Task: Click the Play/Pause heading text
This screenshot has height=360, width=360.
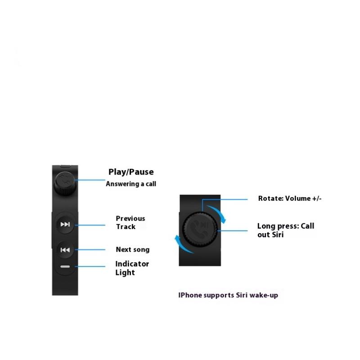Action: coord(131,172)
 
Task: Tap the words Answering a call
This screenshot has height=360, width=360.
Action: coord(131,184)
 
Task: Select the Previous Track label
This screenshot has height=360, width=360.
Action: coord(130,222)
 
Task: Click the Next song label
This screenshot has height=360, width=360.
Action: coord(133,250)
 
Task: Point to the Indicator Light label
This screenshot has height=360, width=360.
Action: coord(132,268)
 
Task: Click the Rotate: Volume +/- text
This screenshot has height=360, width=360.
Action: coord(290,198)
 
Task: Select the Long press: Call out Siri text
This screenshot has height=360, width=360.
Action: coord(285,230)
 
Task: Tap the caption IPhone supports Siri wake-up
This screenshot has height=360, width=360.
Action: coord(229,295)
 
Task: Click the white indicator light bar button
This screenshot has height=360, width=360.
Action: coord(65,267)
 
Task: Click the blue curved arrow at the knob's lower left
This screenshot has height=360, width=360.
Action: coord(179,243)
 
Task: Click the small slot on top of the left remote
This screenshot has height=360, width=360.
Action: coord(66,166)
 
